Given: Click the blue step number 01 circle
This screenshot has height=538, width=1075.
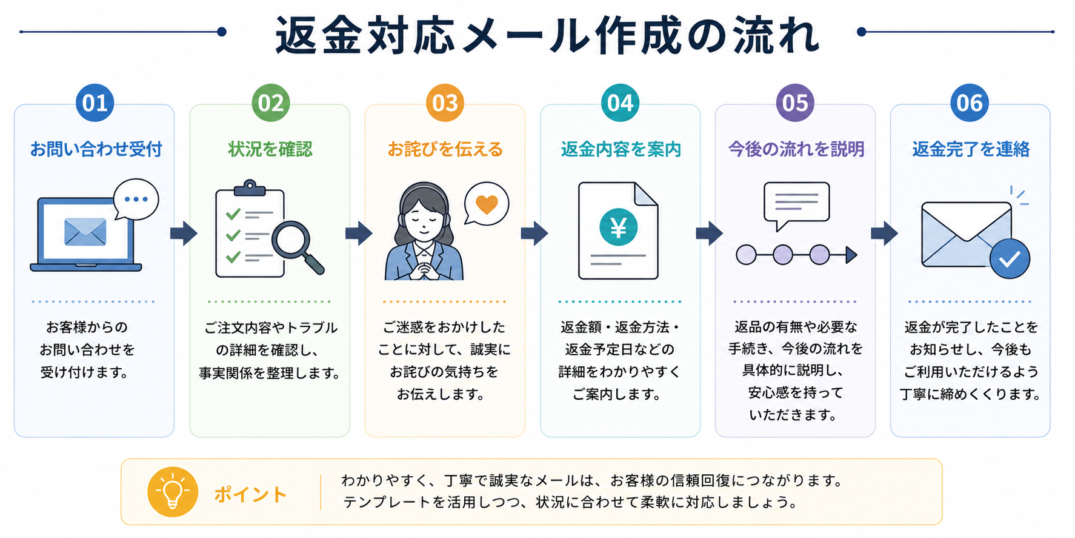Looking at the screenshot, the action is tap(95, 103).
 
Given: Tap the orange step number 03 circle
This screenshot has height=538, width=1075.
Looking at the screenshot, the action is tap(445, 103).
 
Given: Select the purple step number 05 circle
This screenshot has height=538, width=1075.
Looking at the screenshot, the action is tap(795, 103).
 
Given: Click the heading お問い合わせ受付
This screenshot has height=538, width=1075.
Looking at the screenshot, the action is tap(96, 149).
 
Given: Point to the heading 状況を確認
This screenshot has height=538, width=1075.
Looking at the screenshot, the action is tap(270, 149).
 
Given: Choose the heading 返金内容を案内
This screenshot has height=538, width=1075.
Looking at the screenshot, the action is tap(621, 149).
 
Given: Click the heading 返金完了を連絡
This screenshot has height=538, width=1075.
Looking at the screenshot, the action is tap(971, 149).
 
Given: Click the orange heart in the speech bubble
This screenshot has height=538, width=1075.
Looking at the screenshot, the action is tap(487, 204).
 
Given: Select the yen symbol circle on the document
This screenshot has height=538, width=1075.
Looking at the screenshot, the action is tap(618, 227).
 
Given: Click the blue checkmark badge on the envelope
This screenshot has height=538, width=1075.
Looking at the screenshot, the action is tap(1010, 259).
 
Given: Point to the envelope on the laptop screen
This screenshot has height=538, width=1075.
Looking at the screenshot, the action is tap(85, 232).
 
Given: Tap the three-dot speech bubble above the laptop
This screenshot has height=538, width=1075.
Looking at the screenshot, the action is tap(136, 200).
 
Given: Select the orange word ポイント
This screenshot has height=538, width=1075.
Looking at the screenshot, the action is tap(250, 495).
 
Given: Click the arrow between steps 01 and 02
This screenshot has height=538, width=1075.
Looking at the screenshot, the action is tap(184, 233).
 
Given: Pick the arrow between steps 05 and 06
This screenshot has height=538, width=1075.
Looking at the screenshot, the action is tap(884, 233).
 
